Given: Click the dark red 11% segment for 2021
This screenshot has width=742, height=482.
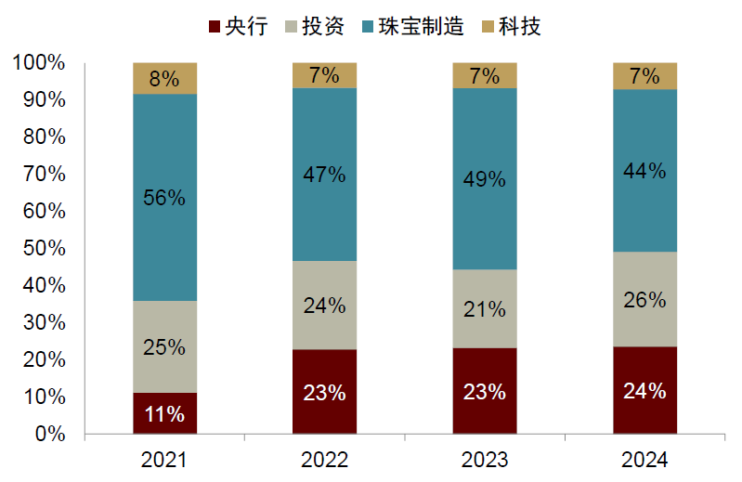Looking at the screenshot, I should pyautogui.click(x=164, y=413).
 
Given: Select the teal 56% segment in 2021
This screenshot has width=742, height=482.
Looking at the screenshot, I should pyautogui.click(x=164, y=197).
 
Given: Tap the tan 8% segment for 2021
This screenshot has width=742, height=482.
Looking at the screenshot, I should pyautogui.click(x=164, y=78).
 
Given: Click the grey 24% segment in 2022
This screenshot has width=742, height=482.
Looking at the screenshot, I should pyautogui.click(x=324, y=305).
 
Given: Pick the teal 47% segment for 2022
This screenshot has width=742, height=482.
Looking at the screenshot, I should pyautogui.click(x=324, y=174).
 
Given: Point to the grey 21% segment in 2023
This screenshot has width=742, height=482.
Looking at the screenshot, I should pyautogui.click(x=484, y=308).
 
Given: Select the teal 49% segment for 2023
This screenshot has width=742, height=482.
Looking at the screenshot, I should pyautogui.click(x=484, y=178).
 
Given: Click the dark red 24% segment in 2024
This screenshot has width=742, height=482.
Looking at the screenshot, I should pyautogui.click(x=644, y=390).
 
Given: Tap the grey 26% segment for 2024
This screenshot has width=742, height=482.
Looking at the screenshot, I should pyautogui.click(x=644, y=299).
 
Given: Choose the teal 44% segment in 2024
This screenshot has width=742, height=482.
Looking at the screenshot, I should pyautogui.click(x=644, y=170).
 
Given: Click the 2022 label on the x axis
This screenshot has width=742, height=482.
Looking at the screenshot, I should pyautogui.click(x=324, y=460).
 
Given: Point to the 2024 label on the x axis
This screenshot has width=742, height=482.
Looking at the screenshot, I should pyautogui.click(x=644, y=460).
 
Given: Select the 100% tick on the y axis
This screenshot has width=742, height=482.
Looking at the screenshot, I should pyautogui.click(x=39, y=63).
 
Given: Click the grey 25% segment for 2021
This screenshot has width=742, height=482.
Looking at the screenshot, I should pyautogui.click(x=164, y=346).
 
